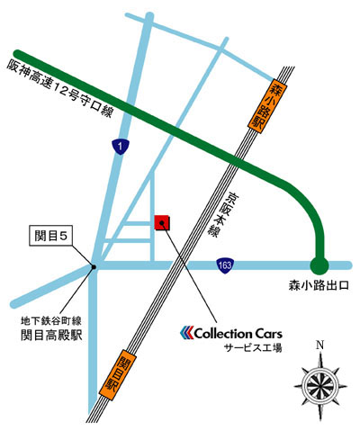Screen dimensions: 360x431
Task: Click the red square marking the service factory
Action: [x=163, y=222]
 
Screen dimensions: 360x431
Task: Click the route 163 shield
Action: [x=225, y=265]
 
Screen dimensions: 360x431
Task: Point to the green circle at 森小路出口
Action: [x=317, y=265]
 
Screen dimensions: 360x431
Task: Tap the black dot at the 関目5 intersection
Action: [x=94, y=265]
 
